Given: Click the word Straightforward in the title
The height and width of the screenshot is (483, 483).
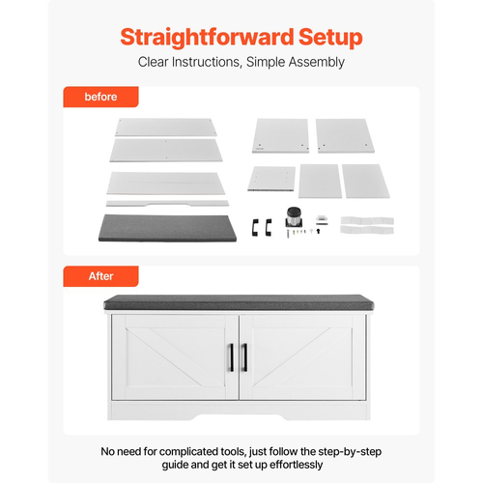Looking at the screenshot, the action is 207,38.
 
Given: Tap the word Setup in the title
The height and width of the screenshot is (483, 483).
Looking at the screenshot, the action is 330,38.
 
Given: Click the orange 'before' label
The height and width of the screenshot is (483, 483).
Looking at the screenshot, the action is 100,97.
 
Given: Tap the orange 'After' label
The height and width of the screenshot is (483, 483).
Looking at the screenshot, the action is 100,276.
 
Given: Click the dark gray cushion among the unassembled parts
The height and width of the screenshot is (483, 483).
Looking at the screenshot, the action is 167,228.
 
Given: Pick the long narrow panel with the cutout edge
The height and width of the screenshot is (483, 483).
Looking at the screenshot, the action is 167,203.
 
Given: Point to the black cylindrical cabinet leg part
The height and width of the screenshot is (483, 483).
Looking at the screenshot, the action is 294,217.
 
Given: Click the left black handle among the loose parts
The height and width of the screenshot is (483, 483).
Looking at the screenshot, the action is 255,227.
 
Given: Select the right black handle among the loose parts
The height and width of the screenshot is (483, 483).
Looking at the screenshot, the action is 269,227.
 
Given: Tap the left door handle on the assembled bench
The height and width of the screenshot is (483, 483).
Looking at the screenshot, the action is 231,357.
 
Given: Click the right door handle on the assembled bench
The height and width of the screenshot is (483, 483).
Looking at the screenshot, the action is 244,357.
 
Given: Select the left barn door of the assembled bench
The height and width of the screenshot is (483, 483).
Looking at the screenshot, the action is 175,357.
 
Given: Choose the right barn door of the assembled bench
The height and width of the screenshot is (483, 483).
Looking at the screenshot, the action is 302,357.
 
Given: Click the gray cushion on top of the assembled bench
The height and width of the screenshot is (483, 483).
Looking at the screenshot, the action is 239,302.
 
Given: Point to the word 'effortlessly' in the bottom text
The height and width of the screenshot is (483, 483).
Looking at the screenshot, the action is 297,465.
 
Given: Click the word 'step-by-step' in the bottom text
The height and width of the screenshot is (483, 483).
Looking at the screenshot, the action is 350,452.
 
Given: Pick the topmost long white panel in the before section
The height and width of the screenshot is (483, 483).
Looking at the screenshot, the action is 166,128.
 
